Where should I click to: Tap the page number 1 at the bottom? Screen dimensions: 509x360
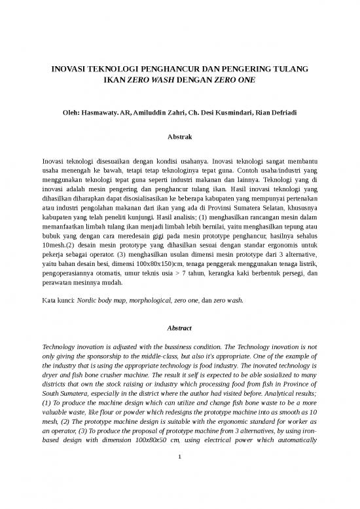[x=179, y=469]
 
